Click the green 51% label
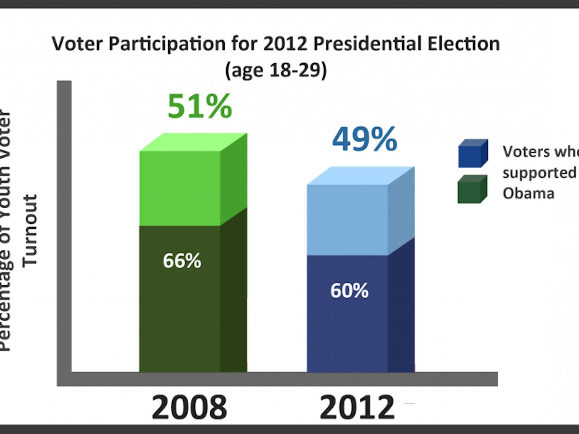200,106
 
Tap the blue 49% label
364,139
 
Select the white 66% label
182,261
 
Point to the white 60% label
349,290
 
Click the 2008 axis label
189,407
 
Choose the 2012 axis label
357,407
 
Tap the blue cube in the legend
473,154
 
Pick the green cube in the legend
472,189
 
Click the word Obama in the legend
528,193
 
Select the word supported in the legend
539,172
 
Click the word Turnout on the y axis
30,231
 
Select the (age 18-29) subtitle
276,70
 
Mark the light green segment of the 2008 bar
180,188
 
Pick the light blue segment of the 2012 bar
347,220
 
